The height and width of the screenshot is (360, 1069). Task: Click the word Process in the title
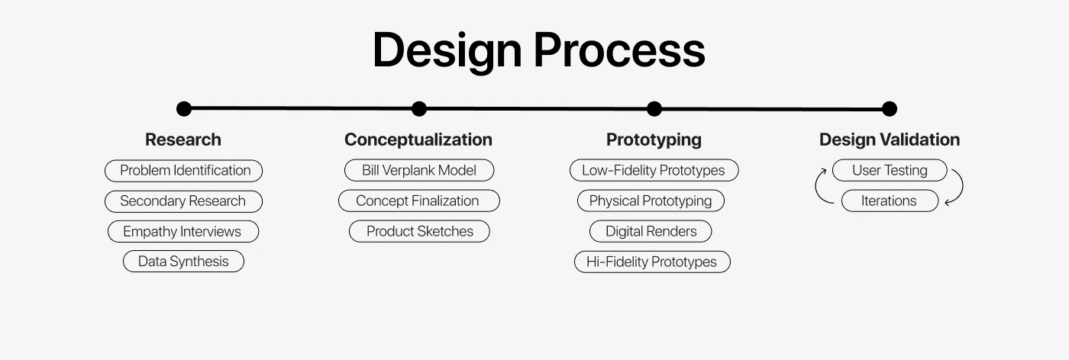(619, 50)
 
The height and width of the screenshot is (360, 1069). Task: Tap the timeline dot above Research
(184, 109)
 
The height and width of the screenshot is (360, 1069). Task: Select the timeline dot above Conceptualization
(419, 109)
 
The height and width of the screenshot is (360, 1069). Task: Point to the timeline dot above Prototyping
(654, 109)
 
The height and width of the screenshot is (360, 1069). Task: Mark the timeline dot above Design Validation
(890, 109)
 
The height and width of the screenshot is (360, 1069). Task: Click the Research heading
(183, 140)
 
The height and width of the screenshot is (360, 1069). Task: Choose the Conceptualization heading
(418, 140)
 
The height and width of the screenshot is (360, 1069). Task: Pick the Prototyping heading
(654, 140)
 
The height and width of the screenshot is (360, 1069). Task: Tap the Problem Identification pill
(184, 171)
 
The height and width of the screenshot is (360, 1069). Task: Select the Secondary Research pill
(184, 201)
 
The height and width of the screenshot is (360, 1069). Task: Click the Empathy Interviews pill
(183, 231)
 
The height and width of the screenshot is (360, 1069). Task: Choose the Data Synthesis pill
(184, 262)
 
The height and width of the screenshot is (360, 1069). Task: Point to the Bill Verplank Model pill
(419, 170)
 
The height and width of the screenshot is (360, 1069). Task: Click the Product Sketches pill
(419, 231)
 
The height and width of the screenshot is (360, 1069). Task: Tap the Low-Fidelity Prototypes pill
(654, 170)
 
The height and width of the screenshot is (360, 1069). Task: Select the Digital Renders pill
(651, 231)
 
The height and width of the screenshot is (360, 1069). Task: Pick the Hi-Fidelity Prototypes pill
(652, 262)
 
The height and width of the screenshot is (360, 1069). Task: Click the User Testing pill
(890, 170)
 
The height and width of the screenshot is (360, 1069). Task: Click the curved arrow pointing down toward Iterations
(962, 185)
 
